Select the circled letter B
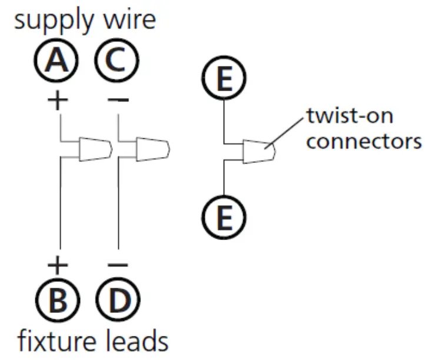[x=57, y=301]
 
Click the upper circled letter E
[x=224, y=81]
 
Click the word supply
[x=52, y=22]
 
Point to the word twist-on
[x=350, y=115]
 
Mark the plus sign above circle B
[x=57, y=265]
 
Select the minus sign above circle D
[x=118, y=265]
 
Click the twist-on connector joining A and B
[x=94, y=149]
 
